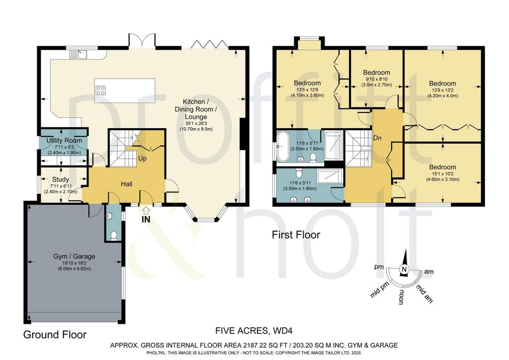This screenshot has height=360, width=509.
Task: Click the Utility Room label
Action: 64,141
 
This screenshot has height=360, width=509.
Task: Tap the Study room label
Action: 60,179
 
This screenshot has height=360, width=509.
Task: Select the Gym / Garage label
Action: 75,257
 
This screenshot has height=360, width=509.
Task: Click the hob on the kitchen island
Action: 100,90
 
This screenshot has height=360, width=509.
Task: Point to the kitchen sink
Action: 78,54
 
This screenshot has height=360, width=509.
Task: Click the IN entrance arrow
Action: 146,211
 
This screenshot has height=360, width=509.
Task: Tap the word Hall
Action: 127,184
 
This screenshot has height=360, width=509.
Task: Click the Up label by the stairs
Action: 143,159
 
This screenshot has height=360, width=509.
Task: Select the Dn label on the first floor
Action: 377,138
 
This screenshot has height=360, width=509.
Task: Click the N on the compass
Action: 404,270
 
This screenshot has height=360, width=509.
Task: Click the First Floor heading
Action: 296,235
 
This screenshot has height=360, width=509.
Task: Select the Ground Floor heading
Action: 55,335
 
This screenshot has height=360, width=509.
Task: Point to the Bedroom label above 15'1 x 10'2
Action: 442,167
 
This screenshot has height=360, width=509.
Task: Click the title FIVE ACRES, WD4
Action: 254,331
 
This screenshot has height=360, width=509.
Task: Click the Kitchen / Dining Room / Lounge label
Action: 196,109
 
